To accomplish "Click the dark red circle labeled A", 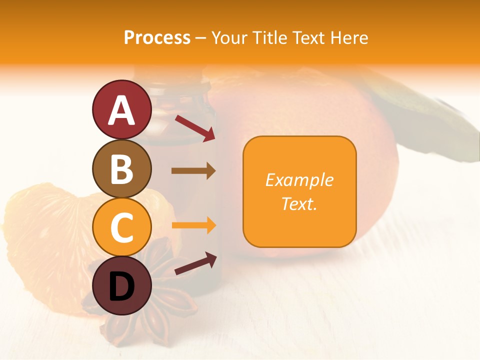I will coord(122,110).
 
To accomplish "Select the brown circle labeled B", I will coord(122,169).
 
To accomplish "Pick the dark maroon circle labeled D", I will coord(122,285).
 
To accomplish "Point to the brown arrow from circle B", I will coord(193,170).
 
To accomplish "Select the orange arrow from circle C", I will coord(193,225).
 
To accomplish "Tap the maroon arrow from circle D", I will coord(195,264).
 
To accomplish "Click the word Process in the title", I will coord(157,37).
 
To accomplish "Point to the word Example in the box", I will coord(299,180).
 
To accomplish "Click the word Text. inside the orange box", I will coord(299,203).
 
